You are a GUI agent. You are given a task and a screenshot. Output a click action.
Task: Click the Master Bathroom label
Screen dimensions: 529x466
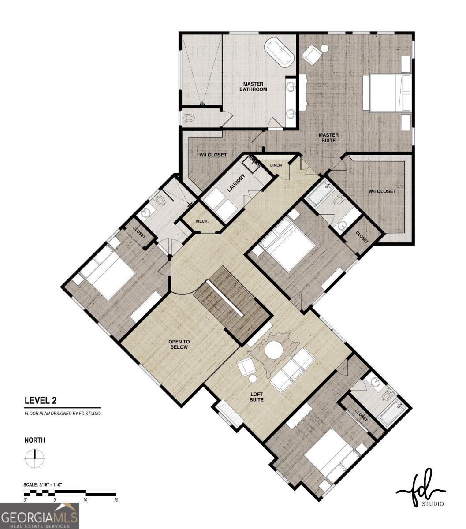pos(253,86)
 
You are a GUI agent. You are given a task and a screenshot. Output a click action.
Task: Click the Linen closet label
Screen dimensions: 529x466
pos(276,165)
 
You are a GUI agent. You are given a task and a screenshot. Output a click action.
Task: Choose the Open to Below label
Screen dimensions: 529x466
pos(179,344)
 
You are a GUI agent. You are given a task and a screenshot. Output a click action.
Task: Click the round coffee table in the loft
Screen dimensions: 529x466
pos(274,350)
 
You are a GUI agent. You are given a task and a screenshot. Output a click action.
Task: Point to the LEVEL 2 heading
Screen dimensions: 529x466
pos(40,400)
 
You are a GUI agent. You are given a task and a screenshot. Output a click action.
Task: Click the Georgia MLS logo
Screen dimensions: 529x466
pos(40,516)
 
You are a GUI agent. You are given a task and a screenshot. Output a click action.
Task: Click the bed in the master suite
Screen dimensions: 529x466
pos(386,93)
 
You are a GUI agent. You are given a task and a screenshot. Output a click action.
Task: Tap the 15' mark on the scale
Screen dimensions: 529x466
pos(116,500)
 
